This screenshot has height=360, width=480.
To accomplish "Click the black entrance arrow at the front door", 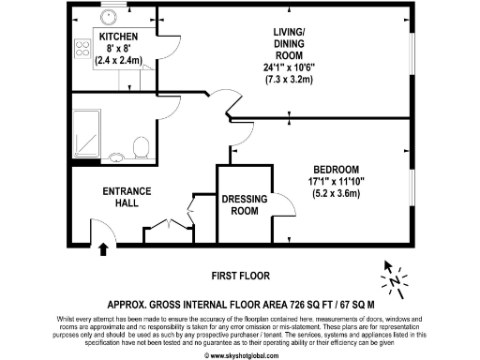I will [102, 248].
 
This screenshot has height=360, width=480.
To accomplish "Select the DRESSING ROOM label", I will [244, 204].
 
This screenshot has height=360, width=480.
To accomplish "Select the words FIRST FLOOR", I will [239, 276].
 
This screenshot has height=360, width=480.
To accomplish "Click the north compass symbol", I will [395, 278].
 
